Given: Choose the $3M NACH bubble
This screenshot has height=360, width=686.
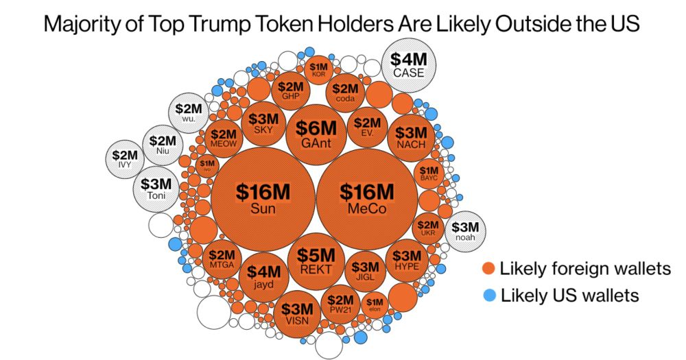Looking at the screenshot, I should pos(412,137).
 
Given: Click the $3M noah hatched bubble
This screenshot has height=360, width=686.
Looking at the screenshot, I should pos(466,232).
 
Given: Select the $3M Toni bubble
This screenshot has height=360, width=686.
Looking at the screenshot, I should pos(156,189).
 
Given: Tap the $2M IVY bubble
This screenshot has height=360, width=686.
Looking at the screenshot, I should pos(125,159).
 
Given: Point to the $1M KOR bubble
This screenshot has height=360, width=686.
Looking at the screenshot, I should pos(319,69).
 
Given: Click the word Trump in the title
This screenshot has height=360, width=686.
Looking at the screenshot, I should pos(217,25).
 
